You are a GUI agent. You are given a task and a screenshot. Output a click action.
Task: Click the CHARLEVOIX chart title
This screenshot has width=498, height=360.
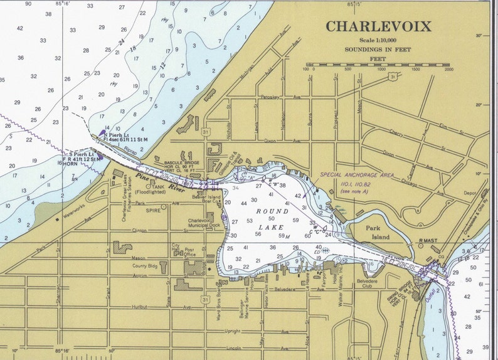pyautogui.click(x=378, y=26)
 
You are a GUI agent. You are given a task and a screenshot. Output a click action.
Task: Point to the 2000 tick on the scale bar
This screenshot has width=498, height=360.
pyautogui.click(x=448, y=70)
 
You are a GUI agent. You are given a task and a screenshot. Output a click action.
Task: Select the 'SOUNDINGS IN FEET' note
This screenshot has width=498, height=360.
pyautogui.click(x=378, y=49)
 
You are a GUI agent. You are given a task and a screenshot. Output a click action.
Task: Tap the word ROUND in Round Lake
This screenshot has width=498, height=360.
pyautogui.click(x=271, y=212)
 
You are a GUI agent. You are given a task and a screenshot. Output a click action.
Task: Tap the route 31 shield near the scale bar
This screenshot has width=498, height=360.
pyautogui.click(x=391, y=78)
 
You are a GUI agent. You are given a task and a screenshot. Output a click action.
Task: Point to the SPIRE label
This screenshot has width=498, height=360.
pyautogui.click(x=153, y=211)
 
